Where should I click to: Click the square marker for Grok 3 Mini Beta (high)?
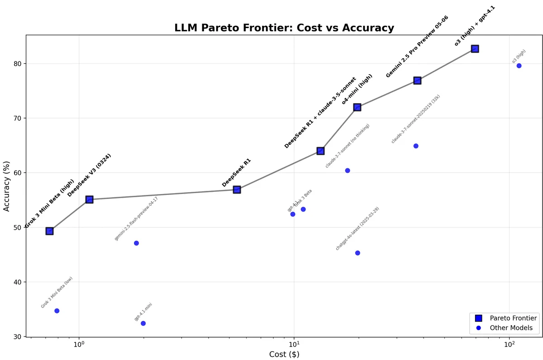pyautogui.click(x=49, y=231)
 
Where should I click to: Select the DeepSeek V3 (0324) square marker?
pyautogui.click(x=89, y=199)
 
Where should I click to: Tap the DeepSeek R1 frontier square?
pyautogui.click(x=237, y=189)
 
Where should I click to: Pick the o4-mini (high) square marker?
pyautogui.click(x=357, y=107)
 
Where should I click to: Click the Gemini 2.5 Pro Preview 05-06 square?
pyautogui.click(x=417, y=81)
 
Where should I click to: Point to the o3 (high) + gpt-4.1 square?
pyautogui.click(x=475, y=49)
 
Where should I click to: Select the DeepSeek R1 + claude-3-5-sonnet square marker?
pyautogui.click(x=320, y=151)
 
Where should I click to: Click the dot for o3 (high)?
pyautogui.click(x=519, y=66)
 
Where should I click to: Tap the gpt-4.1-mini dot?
pyautogui.click(x=143, y=323)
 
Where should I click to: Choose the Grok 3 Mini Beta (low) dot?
pyautogui.click(x=57, y=311)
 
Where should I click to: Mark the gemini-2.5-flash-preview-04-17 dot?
pyautogui.click(x=136, y=243)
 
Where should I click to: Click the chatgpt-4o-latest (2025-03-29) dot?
pyautogui.click(x=357, y=253)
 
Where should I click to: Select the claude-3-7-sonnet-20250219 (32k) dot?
pyautogui.click(x=416, y=146)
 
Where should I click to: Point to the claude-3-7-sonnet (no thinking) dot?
pyautogui.click(x=348, y=171)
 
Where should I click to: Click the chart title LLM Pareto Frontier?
pyautogui.click(x=284, y=28)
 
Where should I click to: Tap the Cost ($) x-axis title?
pyautogui.click(x=284, y=354)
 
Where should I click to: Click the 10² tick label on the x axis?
pyautogui.click(x=509, y=344)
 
